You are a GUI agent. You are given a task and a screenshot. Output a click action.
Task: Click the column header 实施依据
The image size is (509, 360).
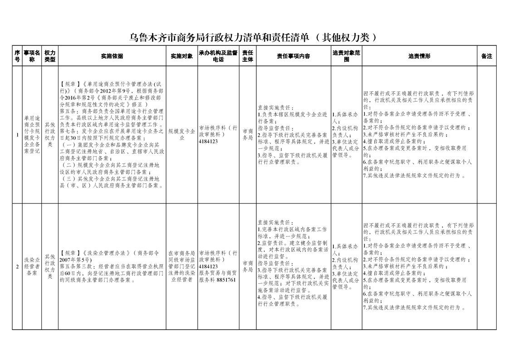click(x=112, y=56)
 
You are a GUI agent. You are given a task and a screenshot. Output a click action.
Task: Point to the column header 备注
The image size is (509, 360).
click(x=486, y=56)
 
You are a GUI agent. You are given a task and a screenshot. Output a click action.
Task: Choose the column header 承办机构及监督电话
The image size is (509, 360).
click(x=218, y=56)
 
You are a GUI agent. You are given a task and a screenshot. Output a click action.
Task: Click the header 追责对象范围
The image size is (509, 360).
click(x=346, y=56)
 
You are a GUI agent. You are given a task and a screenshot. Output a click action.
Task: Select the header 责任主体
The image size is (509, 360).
click(x=247, y=56)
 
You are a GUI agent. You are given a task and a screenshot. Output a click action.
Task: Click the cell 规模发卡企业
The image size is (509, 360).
click(x=181, y=134)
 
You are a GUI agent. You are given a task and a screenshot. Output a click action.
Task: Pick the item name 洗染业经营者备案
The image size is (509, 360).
click(x=32, y=266)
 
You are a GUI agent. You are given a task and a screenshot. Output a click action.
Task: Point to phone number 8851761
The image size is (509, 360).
click(x=226, y=280)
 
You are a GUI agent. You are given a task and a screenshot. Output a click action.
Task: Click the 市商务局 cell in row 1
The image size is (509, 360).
click(x=247, y=134)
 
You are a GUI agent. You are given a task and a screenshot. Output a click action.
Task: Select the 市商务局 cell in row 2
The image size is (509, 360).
click(x=247, y=266)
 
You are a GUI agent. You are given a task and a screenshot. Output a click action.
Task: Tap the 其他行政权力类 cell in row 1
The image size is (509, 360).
click(x=50, y=135)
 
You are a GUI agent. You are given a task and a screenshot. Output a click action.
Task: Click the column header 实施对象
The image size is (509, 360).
click(x=181, y=56)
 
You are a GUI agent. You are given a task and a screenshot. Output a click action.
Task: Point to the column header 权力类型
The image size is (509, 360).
click(x=50, y=56)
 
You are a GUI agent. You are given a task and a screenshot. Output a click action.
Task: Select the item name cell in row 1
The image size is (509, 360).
click(x=32, y=135)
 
